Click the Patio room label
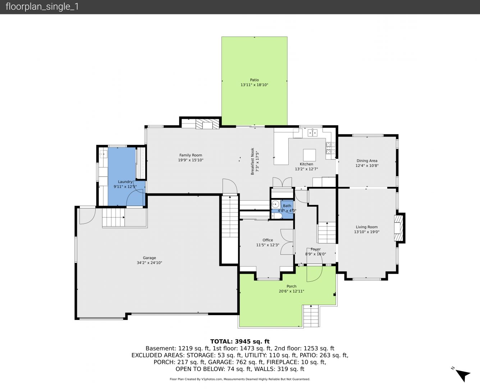coord(254,80)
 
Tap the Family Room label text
coord(191,155)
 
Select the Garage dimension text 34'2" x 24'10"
coord(150,263)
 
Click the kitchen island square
coord(309,155)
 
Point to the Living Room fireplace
coord(398,228)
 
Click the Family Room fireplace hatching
coord(207,124)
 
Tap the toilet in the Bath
coord(276,216)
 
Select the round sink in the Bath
coord(275,204)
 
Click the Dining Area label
coord(367,161)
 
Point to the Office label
coord(268,240)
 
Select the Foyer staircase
coord(327,233)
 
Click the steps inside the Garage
coord(113,217)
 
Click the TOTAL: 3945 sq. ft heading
coord(240,341)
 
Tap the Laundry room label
coord(125,182)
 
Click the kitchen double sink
coord(312,133)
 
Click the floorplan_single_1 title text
coord(42,7)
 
